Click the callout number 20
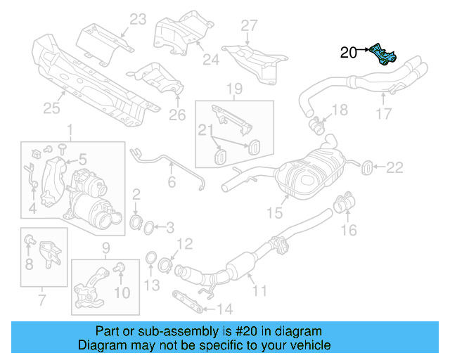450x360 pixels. (x=349, y=51)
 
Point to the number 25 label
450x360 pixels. (x=52, y=108)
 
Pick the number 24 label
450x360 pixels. (x=211, y=60)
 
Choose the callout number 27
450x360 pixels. (x=250, y=26)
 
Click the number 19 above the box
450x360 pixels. (x=234, y=89)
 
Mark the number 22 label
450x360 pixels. (x=395, y=167)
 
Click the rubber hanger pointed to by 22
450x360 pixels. (x=366, y=167)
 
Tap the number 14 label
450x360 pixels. (x=224, y=309)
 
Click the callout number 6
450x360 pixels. (x=171, y=182)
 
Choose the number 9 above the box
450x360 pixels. (x=107, y=247)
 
